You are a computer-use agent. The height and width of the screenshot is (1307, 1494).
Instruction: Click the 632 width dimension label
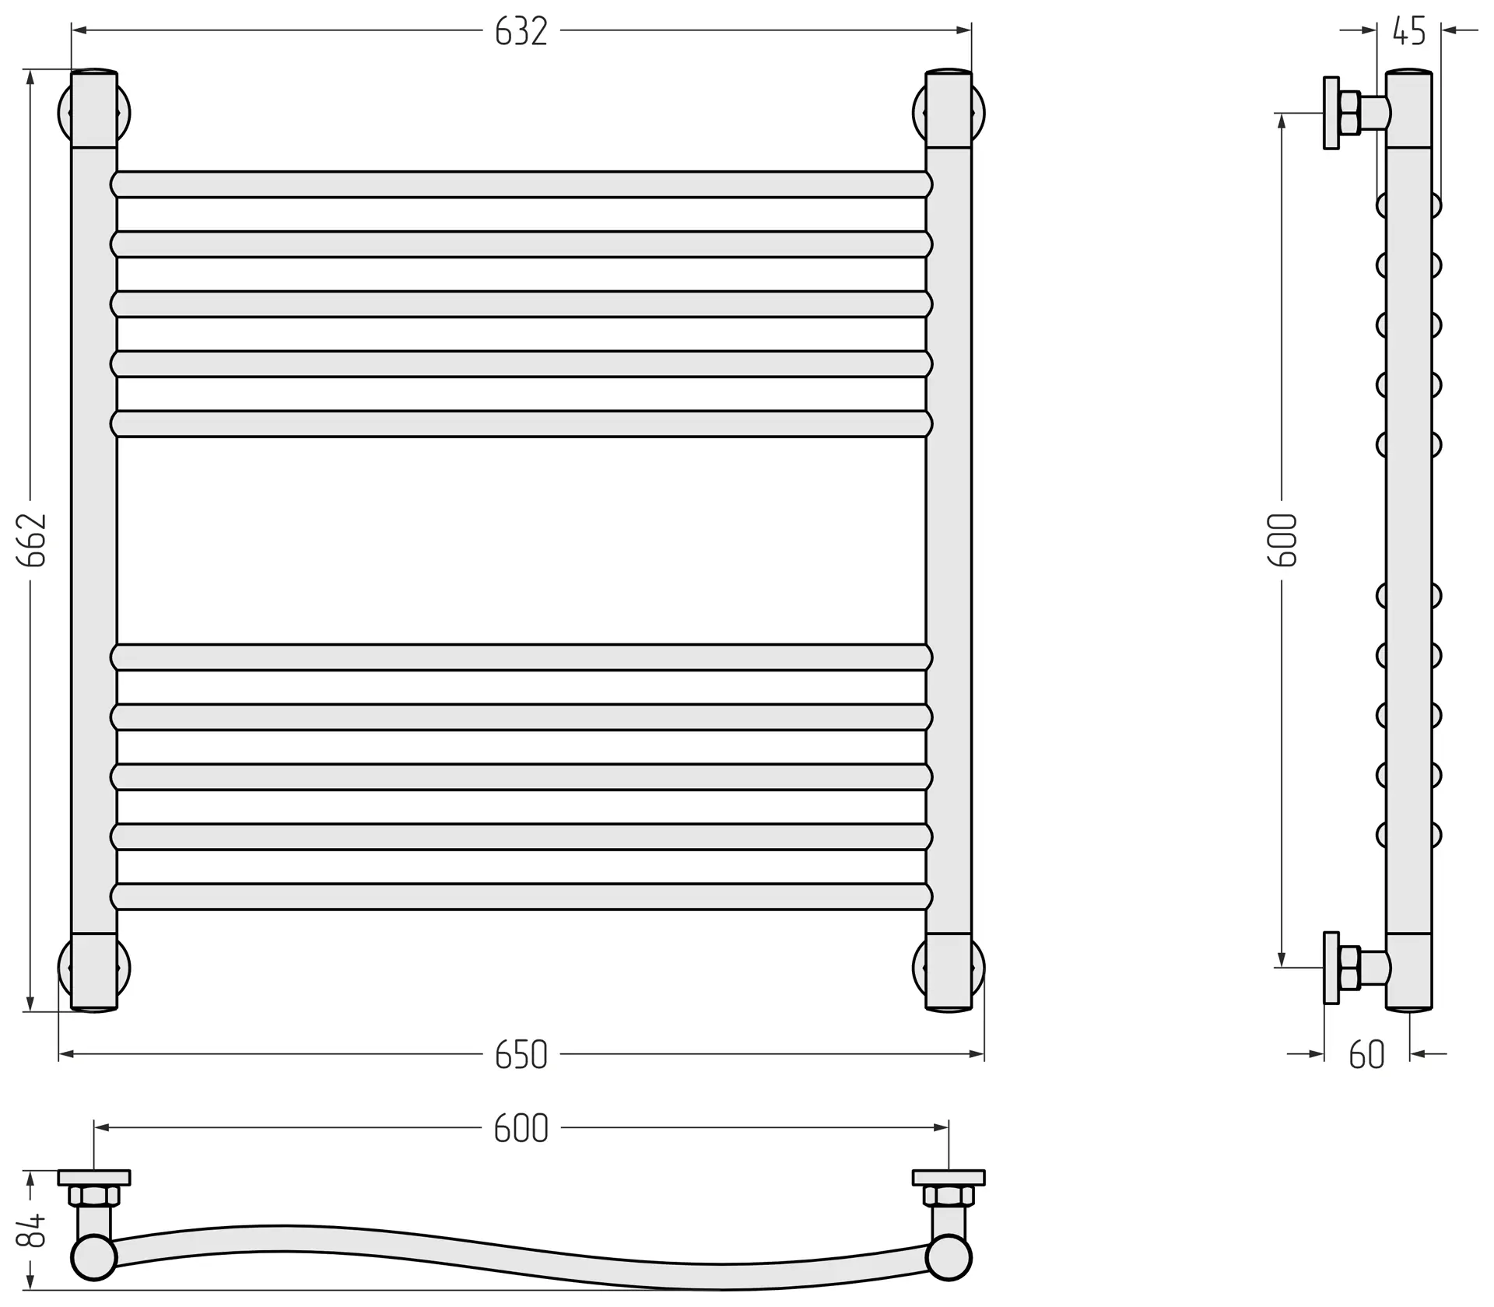pyautogui.click(x=521, y=32)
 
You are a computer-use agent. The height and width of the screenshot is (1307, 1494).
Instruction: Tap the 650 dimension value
pyautogui.click(x=521, y=1055)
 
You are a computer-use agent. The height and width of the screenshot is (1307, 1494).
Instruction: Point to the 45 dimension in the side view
pyautogui.click(x=1409, y=31)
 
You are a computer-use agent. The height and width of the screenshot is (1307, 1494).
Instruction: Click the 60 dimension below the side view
pyautogui.click(x=1367, y=1055)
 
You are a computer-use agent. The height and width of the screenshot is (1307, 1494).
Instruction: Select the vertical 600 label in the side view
pyautogui.click(x=1283, y=540)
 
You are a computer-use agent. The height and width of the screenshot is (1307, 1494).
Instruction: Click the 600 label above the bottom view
pyautogui.click(x=521, y=1128)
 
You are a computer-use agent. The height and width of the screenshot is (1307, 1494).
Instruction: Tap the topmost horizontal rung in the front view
pyautogui.click(x=521, y=184)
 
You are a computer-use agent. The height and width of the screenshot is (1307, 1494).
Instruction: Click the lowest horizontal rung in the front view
pyautogui.click(x=521, y=896)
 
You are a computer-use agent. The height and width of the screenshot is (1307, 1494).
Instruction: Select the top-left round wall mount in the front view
pyautogui.click(x=94, y=114)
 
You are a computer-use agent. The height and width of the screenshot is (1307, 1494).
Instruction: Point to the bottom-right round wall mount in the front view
pyautogui.click(x=949, y=969)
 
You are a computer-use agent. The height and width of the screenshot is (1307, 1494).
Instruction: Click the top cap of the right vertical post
pyautogui.click(x=949, y=109)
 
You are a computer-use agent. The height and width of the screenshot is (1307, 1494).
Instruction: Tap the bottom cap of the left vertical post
pyautogui.click(x=94, y=972)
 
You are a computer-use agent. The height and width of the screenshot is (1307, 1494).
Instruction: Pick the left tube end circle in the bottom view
pyautogui.click(x=94, y=1279)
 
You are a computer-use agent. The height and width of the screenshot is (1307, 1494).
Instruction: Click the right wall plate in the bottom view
pyautogui.click(x=949, y=1177)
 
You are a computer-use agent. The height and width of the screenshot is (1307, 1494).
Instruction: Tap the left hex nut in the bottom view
pyautogui.click(x=94, y=1196)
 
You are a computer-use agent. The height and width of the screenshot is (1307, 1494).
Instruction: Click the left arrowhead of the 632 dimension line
pyautogui.click(x=78, y=30)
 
